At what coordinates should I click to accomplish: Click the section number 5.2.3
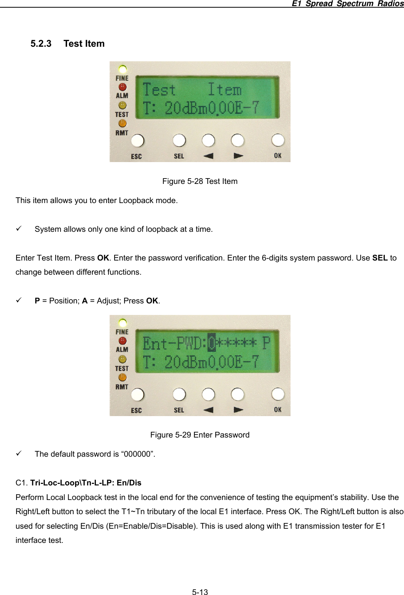point(41,44)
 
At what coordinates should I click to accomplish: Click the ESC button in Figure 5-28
point(138,141)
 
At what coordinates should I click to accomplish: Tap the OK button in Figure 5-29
point(278,394)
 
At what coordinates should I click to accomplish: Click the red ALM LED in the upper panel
point(122,87)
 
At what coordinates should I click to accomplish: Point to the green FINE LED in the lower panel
point(122,323)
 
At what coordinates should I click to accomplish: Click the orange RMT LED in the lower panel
point(122,377)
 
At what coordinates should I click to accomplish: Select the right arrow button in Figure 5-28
point(237,140)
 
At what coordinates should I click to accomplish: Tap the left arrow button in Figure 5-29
point(208,394)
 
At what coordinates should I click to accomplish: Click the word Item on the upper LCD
point(225,90)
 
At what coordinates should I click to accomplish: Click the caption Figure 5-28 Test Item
point(200,181)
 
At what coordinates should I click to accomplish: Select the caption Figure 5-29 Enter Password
point(200,435)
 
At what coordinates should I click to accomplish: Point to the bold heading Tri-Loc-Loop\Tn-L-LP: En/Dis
point(86,483)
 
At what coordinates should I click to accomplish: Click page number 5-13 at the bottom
point(200,592)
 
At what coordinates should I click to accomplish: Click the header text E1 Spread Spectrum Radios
point(347,3)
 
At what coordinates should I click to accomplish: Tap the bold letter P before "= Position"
point(37,301)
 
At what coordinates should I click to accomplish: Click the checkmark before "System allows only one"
point(18,229)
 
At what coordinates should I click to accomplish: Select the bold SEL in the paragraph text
point(380,258)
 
